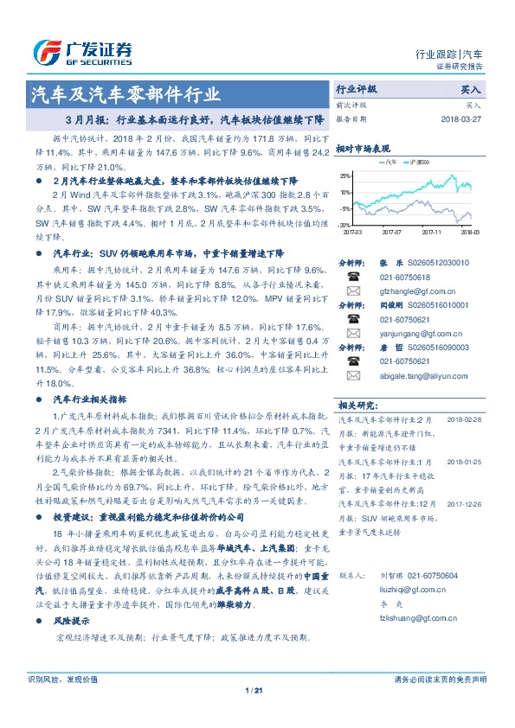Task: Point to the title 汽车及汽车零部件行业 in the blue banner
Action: pos(126,93)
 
